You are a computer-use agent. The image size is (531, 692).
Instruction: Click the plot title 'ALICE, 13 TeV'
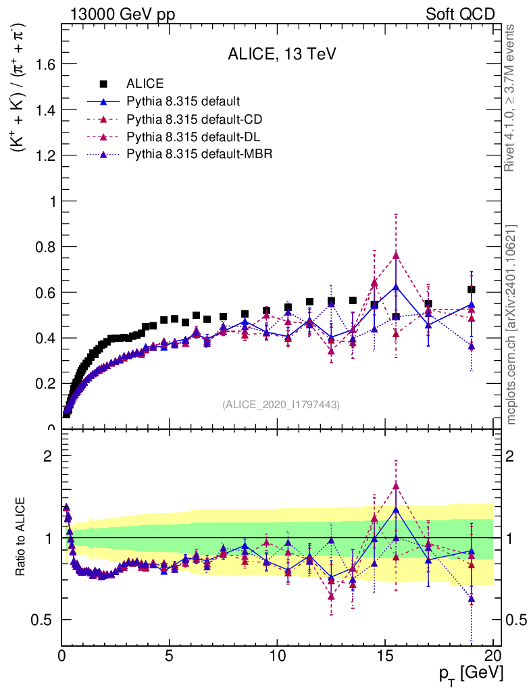[x=282, y=55]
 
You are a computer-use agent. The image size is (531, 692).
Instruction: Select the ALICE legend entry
[x=145, y=84]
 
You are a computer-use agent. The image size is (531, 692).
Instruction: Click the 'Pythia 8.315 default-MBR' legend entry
[x=199, y=154]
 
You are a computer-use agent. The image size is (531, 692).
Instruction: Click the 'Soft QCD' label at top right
[x=460, y=14]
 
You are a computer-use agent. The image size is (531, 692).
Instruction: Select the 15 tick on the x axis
[x=385, y=656]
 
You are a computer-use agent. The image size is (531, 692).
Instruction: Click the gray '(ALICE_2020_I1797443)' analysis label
[x=280, y=404]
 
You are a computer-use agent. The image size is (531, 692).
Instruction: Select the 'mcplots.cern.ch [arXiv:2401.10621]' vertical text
[x=511, y=324]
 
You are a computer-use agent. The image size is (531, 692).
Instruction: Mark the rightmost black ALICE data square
[x=471, y=290]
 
